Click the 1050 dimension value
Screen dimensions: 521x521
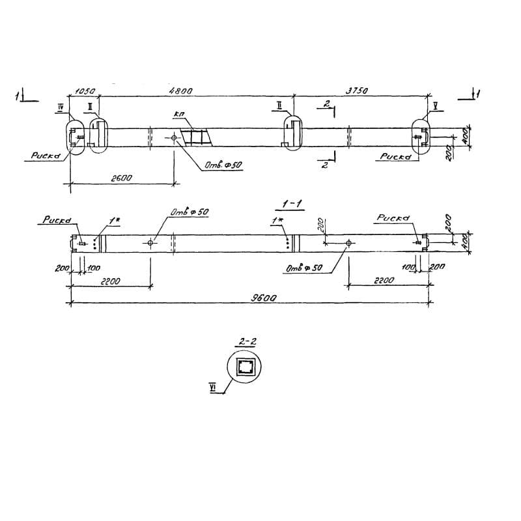(85, 92)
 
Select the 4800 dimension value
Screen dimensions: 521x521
(182, 92)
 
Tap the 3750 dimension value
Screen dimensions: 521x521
(357, 92)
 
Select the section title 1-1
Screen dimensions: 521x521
(291, 204)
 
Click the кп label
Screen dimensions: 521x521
(179, 115)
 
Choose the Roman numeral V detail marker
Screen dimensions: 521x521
(434, 106)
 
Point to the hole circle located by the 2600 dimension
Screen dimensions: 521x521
(174, 138)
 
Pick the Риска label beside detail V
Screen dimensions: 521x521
(395, 157)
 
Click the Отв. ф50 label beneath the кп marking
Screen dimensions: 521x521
(223, 165)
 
